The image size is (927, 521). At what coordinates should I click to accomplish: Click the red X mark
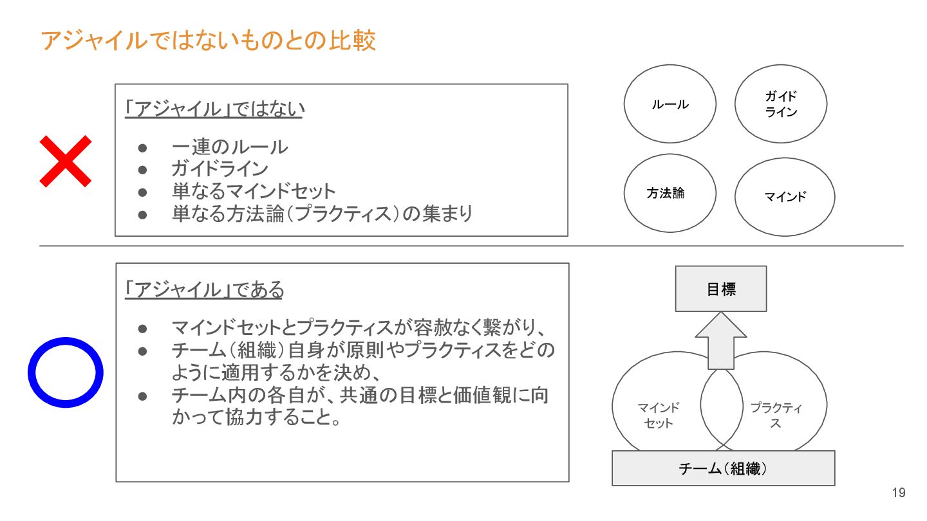click(x=65, y=161)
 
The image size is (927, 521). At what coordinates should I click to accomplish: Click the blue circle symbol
click(x=65, y=372)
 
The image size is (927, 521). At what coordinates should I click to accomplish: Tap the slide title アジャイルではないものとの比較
click(x=208, y=41)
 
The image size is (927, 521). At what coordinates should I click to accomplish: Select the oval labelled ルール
click(x=669, y=104)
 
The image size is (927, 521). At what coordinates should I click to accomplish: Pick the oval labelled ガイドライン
click(x=781, y=104)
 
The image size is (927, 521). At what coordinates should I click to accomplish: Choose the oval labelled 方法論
click(x=669, y=193)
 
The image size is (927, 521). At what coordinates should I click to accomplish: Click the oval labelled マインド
click(x=785, y=197)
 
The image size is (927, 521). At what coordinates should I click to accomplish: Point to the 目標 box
click(x=721, y=289)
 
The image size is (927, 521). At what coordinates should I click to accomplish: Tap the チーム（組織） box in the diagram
click(x=723, y=468)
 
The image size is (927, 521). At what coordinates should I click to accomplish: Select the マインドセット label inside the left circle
click(x=658, y=416)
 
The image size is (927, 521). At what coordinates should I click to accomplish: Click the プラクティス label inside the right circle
click(x=776, y=416)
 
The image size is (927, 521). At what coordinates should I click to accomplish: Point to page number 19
click(x=899, y=493)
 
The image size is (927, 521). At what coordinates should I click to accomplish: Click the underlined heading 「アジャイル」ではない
click(x=214, y=110)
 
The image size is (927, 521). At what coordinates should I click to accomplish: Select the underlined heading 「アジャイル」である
click(x=204, y=290)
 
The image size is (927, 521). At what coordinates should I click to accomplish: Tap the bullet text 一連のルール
click(x=230, y=147)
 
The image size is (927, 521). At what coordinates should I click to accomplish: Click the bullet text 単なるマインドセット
click(x=254, y=191)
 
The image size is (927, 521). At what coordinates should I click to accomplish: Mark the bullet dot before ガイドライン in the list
click(x=144, y=170)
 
